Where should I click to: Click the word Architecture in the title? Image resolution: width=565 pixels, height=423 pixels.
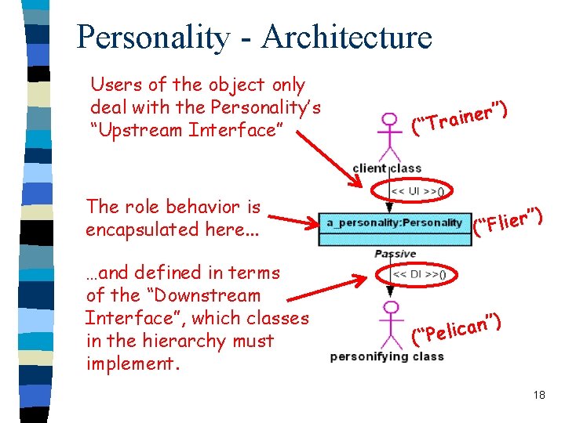tap(347, 37)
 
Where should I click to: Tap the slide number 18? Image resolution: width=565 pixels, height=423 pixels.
tap(538, 395)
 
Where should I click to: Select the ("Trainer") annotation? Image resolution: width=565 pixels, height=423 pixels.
tap(462, 115)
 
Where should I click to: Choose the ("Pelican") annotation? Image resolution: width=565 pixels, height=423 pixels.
tap(457, 329)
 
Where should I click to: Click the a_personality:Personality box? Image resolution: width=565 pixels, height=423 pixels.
tap(395, 223)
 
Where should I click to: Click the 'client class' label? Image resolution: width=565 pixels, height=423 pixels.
tap(388, 168)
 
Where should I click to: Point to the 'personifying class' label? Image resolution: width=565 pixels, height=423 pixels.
tap(387, 356)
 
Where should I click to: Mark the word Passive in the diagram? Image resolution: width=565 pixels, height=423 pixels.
tap(395, 254)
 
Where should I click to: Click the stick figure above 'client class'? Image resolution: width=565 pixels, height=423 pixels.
tap(388, 136)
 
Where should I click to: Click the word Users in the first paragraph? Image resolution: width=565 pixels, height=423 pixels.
tap(115, 85)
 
